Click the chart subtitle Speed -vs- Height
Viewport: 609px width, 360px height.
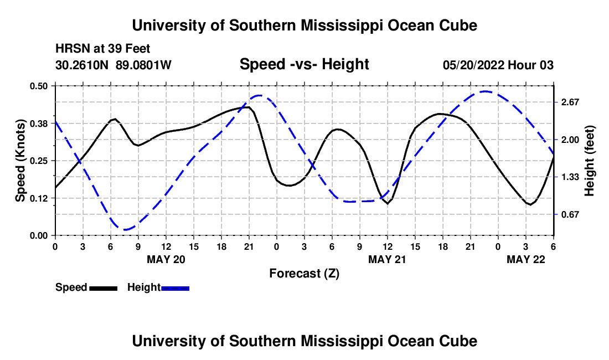[304, 65]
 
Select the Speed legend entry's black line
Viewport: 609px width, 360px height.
[104, 287]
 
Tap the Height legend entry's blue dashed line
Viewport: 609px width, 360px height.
[176, 287]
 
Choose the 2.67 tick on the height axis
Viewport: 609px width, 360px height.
[570, 102]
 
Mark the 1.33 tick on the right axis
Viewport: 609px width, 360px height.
[570, 177]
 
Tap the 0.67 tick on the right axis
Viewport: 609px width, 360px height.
[570, 214]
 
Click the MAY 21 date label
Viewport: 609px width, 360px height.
[388, 259]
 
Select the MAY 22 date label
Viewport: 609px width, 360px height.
[526, 259]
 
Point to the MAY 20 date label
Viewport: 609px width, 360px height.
[166, 259]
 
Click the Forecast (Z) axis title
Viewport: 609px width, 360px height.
[304, 273]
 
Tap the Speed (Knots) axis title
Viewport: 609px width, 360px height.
[20, 161]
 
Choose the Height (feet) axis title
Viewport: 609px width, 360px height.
[589, 161]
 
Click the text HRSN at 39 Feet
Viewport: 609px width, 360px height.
[103, 49]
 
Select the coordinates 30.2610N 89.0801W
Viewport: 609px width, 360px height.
[113, 65]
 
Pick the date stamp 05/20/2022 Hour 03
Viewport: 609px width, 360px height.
[498, 65]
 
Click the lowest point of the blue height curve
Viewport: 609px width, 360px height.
[127, 229]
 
